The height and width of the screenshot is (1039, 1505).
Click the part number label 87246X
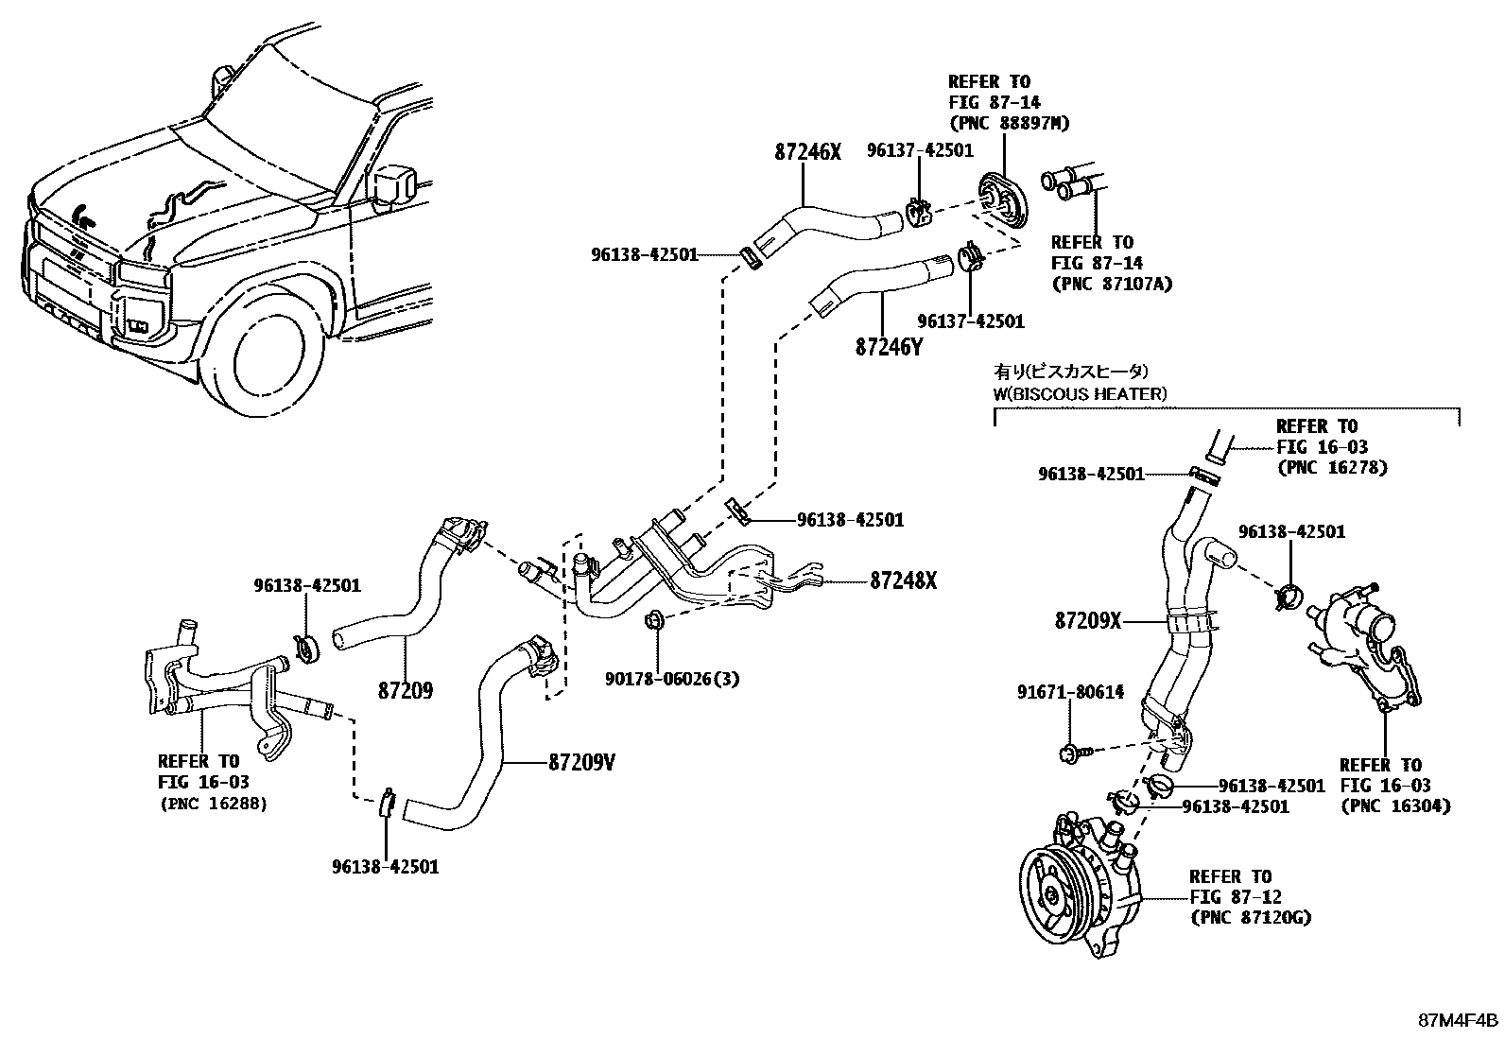(806, 151)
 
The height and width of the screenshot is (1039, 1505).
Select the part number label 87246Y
(888, 347)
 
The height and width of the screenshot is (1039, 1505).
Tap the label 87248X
(903, 580)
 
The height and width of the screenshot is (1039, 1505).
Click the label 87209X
(1087, 621)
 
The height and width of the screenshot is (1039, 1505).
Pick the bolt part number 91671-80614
(1070, 692)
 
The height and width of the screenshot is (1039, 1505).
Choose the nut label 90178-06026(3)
(673, 678)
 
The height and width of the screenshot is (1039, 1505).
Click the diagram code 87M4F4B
(1457, 1021)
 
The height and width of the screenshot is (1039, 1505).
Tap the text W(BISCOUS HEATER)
(1080, 393)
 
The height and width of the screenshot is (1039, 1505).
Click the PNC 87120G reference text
(1250, 917)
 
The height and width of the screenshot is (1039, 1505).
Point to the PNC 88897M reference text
(1009, 123)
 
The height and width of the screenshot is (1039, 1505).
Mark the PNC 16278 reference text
(1332, 467)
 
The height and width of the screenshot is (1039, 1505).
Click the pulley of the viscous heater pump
(1050, 892)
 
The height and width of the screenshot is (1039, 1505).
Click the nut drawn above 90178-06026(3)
(651, 621)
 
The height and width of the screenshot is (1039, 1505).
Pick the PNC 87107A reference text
(1111, 284)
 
